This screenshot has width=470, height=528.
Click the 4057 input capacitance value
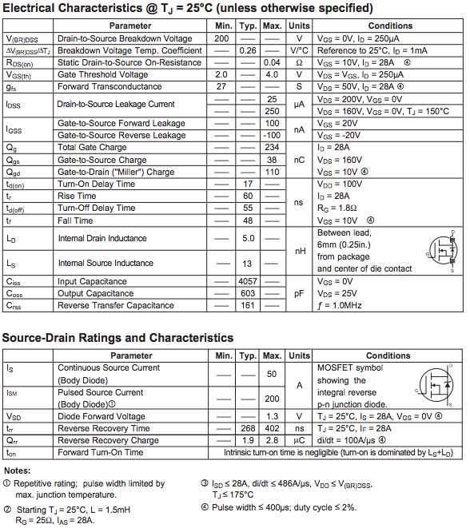pyautogui.click(x=248, y=281)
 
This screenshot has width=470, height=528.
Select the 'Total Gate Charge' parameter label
pyautogui.click(x=92, y=147)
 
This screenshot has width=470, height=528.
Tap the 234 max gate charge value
pyautogui.click(x=272, y=147)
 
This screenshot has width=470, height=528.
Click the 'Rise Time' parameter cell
pyautogui.click(x=77, y=196)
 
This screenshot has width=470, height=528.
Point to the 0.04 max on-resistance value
pyautogui.click(x=272, y=62)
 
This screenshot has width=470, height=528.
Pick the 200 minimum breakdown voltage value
pyautogui.click(x=222, y=38)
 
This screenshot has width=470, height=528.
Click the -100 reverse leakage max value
pyautogui.click(x=272, y=135)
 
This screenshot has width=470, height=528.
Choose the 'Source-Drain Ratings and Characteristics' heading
pyautogui.click(x=118, y=338)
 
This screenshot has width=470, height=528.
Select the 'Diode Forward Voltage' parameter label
pyautogui.click(x=102, y=416)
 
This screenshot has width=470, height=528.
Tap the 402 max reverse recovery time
pyautogui.click(x=272, y=428)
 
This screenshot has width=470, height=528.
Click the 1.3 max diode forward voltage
pyautogui.click(x=272, y=416)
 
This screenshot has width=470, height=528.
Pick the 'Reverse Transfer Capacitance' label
pyautogui.click(x=116, y=305)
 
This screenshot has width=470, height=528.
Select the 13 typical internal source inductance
pyautogui.click(x=248, y=263)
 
